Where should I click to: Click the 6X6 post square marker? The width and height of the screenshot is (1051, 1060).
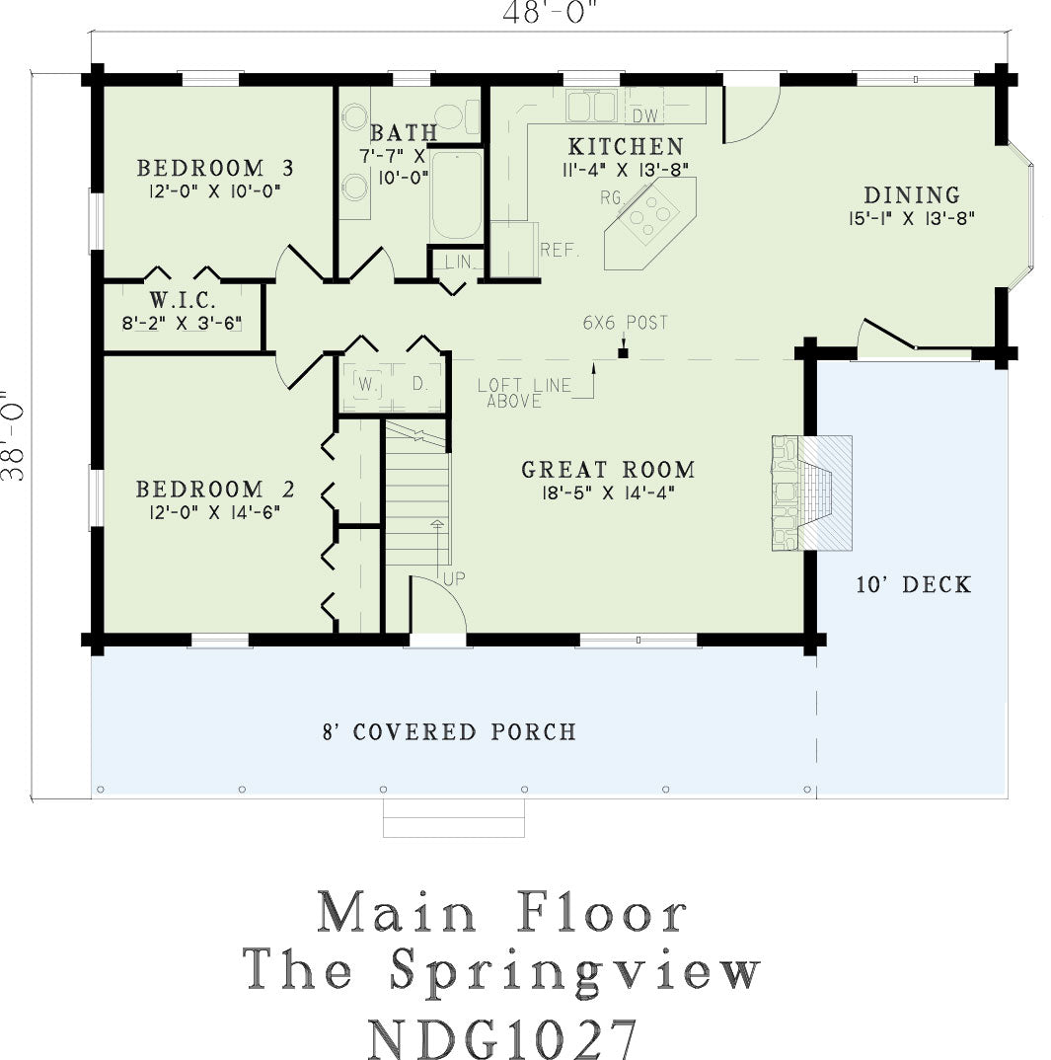click(623, 352)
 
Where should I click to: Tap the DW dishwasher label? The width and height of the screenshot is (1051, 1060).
click(645, 116)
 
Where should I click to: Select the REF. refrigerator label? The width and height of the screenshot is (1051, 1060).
click(560, 250)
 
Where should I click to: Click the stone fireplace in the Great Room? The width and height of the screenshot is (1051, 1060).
click(812, 492)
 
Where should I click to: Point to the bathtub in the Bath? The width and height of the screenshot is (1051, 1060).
click(457, 195)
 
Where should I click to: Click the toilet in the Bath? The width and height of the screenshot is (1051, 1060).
click(457, 115)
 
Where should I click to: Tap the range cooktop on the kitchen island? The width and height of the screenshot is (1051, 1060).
click(648, 215)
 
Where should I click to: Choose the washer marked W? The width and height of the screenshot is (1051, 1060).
click(366, 385)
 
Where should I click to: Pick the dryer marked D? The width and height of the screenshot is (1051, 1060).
click(419, 385)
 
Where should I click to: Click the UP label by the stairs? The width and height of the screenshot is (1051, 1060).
click(454, 578)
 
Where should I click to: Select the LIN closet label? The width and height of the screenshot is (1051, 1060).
click(458, 262)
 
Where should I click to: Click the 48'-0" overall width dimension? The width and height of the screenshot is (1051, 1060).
click(550, 13)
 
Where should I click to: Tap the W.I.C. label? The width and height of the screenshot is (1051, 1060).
click(183, 299)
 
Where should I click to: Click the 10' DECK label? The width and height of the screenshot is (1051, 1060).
click(914, 584)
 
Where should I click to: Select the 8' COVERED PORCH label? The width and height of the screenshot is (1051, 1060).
click(449, 732)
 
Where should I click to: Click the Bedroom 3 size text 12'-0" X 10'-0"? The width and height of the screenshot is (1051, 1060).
click(215, 191)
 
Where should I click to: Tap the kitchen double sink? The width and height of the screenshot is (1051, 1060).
click(591, 107)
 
